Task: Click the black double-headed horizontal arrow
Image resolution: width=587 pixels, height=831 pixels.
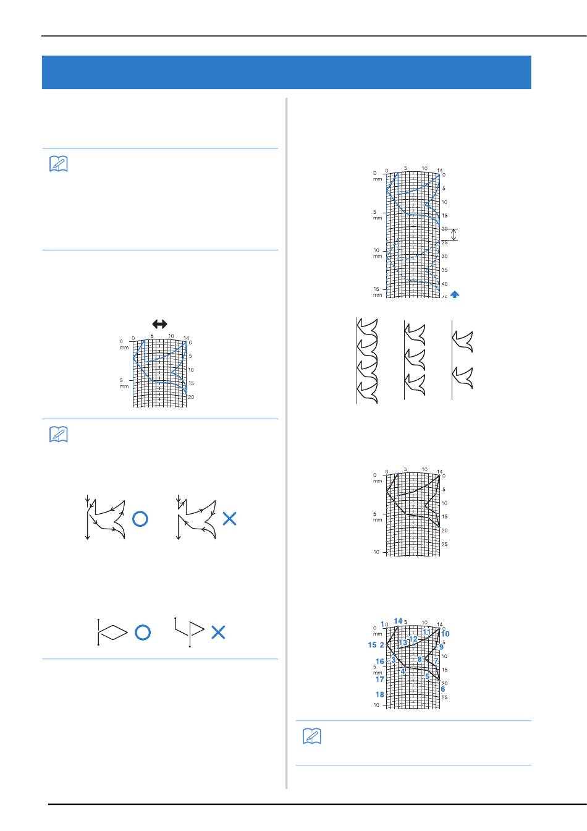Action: (159, 324)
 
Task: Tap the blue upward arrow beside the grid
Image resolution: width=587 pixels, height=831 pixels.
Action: (455, 295)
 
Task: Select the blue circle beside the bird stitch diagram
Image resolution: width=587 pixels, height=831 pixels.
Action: (140, 519)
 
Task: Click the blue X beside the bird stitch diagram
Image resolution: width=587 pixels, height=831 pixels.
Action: (229, 519)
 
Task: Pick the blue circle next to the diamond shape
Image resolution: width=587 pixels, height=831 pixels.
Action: (142, 632)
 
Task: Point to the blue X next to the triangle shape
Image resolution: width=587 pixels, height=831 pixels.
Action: (218, 632)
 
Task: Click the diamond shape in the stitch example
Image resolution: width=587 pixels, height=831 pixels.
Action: (113, 631)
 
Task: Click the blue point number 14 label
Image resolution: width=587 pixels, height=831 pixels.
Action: (398, 621)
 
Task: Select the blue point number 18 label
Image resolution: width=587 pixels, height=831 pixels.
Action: (379, 694)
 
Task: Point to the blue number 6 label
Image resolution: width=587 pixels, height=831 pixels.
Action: (443, 689)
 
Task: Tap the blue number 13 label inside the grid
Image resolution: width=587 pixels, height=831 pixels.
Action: (403, 643)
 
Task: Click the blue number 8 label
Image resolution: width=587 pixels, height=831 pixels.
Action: (420, 660)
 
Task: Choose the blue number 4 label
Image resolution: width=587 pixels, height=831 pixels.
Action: (403, 671)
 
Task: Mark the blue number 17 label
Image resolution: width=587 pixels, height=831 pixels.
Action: (379, 680)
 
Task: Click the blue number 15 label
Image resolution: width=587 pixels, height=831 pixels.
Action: (372, 645)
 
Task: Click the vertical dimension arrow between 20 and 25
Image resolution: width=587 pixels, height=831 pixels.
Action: (454, 235)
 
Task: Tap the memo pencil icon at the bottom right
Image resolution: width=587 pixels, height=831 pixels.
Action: (311, 736)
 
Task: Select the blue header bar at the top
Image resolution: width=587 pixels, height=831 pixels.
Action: (286, 72)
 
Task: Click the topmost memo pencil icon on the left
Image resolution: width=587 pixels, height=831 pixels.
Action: (57, 164)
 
